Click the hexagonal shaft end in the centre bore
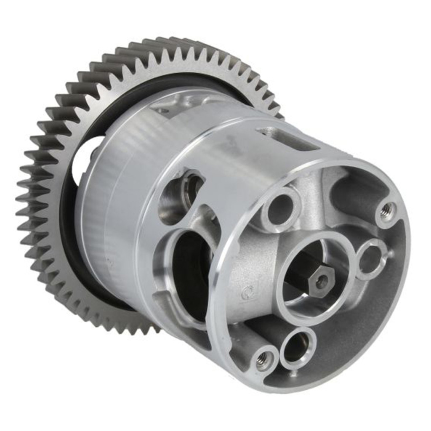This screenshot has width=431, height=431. (321, 281)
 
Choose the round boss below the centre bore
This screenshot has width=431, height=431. (298, 348)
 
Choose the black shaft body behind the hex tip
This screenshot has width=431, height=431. (301, 274)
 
